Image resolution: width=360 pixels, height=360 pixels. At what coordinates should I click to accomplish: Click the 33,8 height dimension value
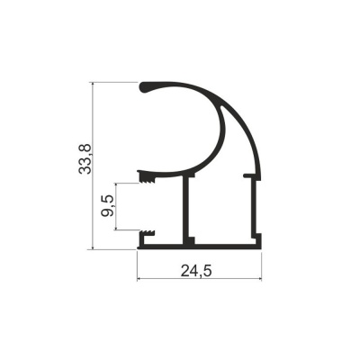pyautogui.click(x=85, y=159)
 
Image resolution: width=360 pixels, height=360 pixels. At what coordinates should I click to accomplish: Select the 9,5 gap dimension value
pyautogui.click(x=107, y=206)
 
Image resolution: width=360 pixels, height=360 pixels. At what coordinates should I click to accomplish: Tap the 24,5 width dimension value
pyautogui.click(x=196, y=271)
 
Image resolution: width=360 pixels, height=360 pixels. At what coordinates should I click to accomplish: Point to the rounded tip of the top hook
pyautogui.click(x=143, y=87)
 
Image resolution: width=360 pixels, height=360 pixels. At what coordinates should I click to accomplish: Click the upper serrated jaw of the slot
pyautogui.click(x=146, y=177)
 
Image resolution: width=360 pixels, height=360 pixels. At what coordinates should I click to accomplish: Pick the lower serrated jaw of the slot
pyautogui.click(x=147, y=234)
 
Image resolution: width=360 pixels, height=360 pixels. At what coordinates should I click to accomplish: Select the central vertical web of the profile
pyautogui.click(x=185, y=210)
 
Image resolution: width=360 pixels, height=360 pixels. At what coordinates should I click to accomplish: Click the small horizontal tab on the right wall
pyautogui.click(x=248, y=175)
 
